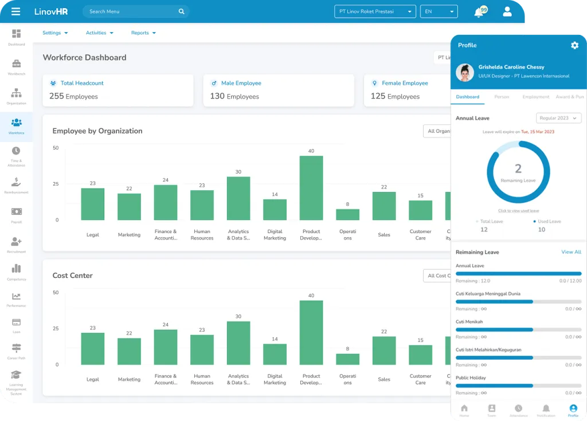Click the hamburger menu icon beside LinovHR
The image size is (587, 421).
point(15,11)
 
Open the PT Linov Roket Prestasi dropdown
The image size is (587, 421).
point(375,11)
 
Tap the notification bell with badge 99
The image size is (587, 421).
point(479,12)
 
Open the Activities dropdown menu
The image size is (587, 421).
point(99,33)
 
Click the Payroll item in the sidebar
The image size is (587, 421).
point(16,215)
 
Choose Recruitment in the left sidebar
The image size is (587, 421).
point(16,245)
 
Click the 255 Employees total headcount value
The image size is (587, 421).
point(73,96)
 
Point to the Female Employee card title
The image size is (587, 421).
point(405,83)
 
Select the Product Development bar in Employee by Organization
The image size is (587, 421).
point(311,188)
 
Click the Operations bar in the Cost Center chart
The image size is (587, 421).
point(347,359)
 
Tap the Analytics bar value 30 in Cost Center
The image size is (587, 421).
point(238,316)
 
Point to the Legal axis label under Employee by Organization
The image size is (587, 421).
point(93,235)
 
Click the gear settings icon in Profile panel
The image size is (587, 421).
point(574,45)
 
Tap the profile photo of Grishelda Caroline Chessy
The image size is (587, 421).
point(464,72)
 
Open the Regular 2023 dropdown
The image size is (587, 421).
point(558,118)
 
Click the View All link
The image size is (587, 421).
point(571,252)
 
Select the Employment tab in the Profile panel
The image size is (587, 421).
point(536,97)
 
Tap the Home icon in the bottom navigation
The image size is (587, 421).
point(464,410)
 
